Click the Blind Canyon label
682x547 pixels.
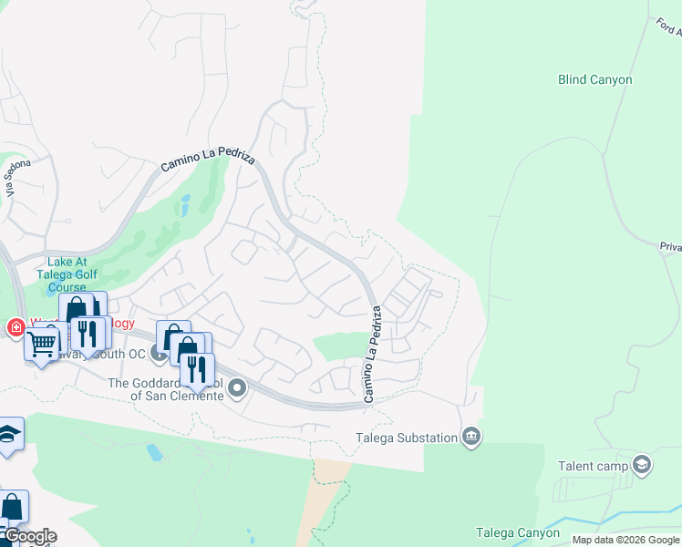[594, 80]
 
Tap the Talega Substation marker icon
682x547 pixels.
[470, 437]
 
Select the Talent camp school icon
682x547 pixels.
[642, 465]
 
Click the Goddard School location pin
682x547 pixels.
[238, 389]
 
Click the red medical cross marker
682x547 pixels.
[15, 327]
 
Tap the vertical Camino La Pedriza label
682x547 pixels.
[372, 354]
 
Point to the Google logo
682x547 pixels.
[30, 536]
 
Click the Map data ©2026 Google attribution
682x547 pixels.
[626, 540]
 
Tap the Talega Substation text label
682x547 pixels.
[406, 438]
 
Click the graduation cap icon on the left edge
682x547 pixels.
[9, 433]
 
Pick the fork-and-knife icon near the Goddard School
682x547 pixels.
[196, 368]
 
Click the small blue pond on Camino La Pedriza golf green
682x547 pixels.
[185, 201]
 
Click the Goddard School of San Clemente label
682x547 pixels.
[167, 389]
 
